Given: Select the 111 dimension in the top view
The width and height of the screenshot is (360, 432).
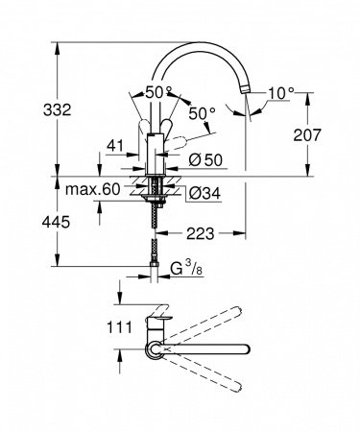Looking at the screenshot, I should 89,328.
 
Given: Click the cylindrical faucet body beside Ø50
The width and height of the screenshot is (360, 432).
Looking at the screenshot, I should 154,154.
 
